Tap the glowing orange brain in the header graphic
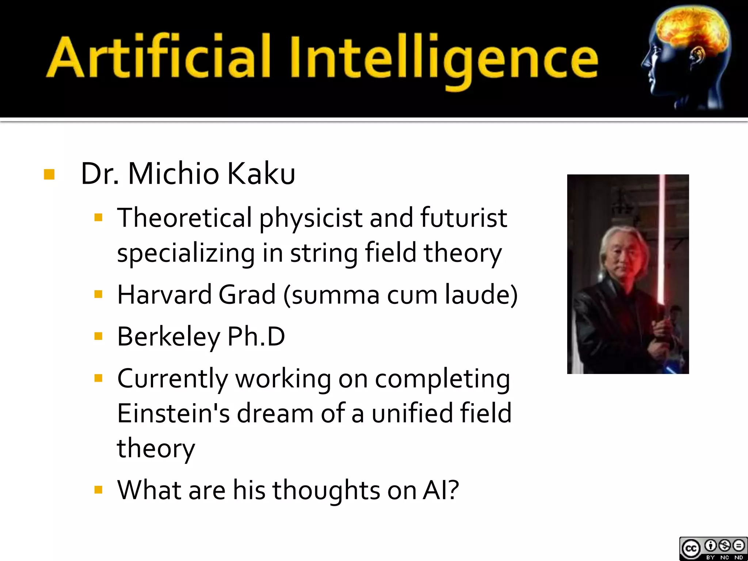(x=690, y=29)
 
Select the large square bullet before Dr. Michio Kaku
(x=49, y=175)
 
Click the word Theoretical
(x=184, y=218)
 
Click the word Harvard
(x=164, y=294)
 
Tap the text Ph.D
(x=256, y=337)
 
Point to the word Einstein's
(x=173, y=413)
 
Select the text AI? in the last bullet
(x=440, y=490)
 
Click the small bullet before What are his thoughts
(x=98, y=490)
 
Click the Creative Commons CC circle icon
(x=690, y=549)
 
